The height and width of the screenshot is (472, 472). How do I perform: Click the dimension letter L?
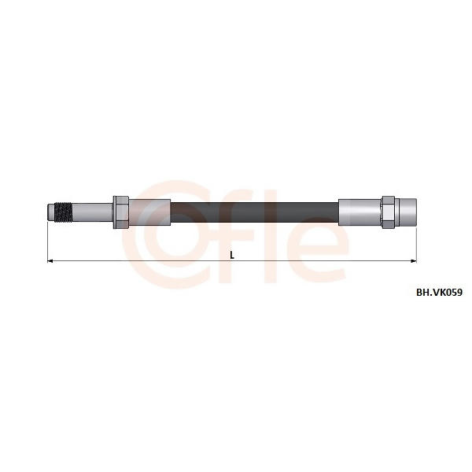[x=232, y=255]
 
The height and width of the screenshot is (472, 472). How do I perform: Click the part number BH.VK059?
[x=439, y=293]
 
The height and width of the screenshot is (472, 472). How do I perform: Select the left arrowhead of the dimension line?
[x=50, y=260]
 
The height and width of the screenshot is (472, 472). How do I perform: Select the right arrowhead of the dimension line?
[x=414, y=260]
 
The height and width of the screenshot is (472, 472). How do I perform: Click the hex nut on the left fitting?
[x=121, y=212]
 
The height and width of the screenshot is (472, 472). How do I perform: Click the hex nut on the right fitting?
[x=389, y=212]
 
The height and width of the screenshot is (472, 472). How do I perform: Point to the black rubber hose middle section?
[x=254, y=212]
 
